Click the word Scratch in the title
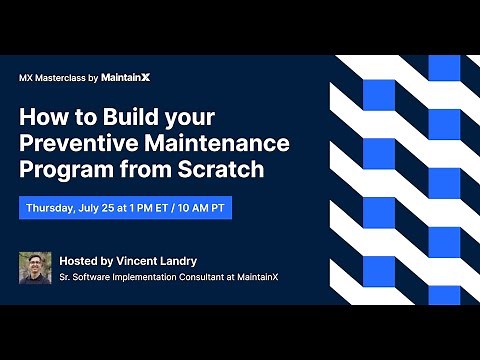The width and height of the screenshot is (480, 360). pos(227,169)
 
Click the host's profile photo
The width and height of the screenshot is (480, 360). pos(36,268)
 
